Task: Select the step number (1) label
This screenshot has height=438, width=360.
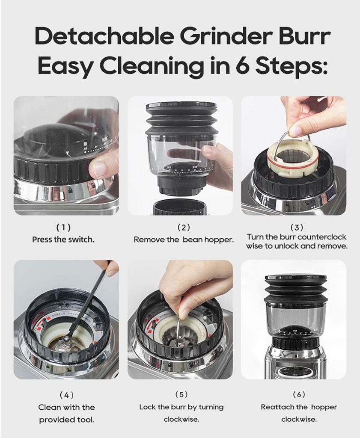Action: (64, 228)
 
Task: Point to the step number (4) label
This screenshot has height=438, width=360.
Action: (66, 395)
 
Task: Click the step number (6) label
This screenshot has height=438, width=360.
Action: (299, 394)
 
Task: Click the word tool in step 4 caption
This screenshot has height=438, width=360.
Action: (85, 420)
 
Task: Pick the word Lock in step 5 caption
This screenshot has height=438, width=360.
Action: (147, 407)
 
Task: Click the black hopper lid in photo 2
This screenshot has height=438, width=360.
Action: (181, 106)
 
